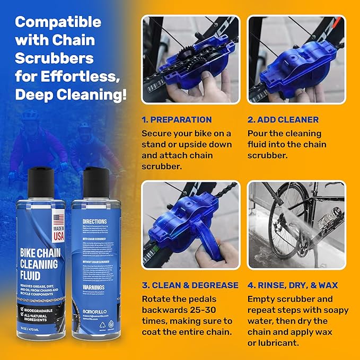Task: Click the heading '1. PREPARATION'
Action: point(177,119)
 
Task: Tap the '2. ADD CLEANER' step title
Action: point(283,119)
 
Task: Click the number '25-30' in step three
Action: point(196,309)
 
